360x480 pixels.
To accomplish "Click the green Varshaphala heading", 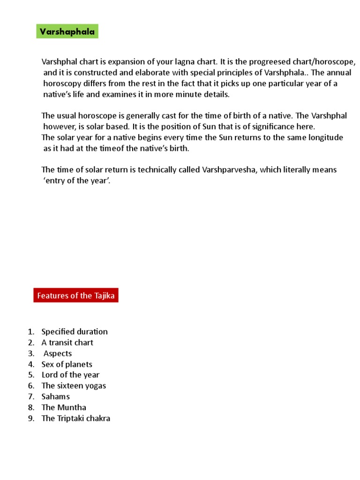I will (67, 32).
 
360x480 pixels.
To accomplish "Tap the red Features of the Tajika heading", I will (76, 295).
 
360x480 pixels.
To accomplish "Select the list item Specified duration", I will (75, 331).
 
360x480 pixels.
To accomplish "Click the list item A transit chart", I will (67, 342).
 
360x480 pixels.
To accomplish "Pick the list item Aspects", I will (58, 353).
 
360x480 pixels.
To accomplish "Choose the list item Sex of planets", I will (67, 364).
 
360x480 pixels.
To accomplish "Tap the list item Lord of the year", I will (70, 375).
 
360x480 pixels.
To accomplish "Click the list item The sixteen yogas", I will (74, 386).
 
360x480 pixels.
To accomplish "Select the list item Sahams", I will (55, 397).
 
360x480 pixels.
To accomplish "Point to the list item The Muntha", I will (64, 407).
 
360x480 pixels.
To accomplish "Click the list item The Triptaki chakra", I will (75, 418).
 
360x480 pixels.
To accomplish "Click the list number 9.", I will (31, 418).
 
